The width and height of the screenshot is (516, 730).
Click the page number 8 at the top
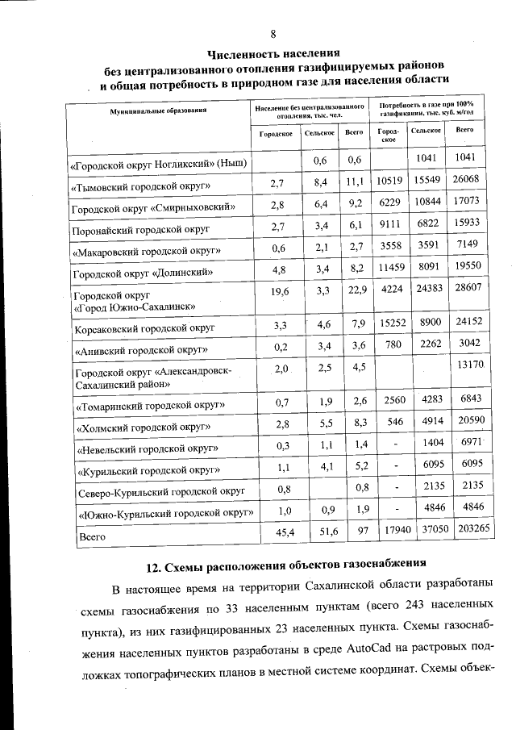pos(273,33)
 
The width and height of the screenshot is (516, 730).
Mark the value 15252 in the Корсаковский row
pos(389,323)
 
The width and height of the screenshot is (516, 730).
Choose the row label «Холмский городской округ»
pos(143,426)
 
